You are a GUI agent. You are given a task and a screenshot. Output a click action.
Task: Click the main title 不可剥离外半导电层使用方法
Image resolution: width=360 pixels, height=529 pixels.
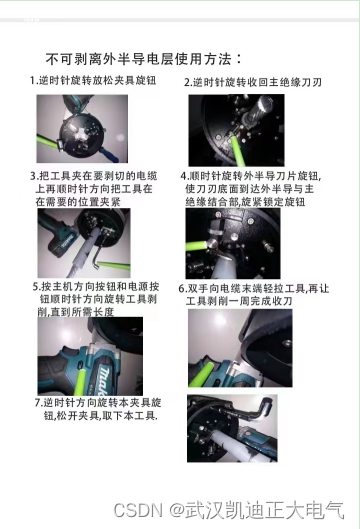(143, 59)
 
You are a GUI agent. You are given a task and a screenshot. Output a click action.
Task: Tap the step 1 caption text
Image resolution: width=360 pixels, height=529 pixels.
(93, 81)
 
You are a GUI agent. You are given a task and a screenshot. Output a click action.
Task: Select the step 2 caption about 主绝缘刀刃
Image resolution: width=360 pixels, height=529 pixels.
(253, 82)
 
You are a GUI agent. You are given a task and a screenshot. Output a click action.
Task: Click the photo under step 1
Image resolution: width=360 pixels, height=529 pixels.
(82, 129)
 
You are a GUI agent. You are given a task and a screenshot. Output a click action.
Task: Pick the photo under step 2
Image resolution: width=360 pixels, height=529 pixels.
(236, 130)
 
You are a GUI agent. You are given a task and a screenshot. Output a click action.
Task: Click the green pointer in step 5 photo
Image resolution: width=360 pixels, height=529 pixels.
(80, 383)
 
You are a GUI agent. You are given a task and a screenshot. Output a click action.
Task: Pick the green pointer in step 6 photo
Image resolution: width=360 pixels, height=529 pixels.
(201, 374)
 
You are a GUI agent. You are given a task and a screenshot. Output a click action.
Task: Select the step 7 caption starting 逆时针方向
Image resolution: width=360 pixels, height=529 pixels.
(98, 409)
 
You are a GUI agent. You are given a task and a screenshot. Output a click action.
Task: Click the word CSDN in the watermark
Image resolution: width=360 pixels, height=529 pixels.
(138, 510)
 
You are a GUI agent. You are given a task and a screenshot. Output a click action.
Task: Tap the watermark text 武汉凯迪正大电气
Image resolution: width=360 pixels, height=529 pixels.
(264, 510)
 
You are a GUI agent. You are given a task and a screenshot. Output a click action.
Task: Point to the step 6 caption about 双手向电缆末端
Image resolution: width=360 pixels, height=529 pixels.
(253, 295)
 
